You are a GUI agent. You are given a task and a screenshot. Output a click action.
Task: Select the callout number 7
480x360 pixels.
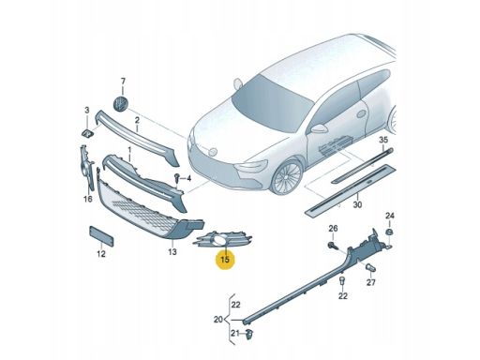coord(122,82)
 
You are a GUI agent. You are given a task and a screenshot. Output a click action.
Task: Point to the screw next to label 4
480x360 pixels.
coord(175,177)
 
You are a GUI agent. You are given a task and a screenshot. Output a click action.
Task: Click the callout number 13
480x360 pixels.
coord(172,252)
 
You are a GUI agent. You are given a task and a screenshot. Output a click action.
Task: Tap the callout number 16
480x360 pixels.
coord(87,199)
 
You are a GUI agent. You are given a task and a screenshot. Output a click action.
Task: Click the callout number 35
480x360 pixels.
coord(382,139)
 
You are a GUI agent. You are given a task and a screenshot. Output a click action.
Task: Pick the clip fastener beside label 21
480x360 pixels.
coord(250,333)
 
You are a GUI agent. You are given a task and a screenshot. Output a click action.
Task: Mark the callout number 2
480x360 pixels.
coord(136,120)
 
